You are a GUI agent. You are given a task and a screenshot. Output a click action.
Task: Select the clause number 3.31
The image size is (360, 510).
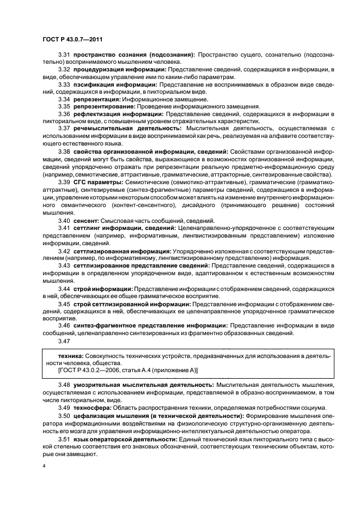click(64, 55)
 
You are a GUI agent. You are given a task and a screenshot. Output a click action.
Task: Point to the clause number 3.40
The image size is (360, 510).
click(64, 235)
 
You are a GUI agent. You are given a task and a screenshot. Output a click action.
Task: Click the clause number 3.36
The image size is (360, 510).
click(64, 114)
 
